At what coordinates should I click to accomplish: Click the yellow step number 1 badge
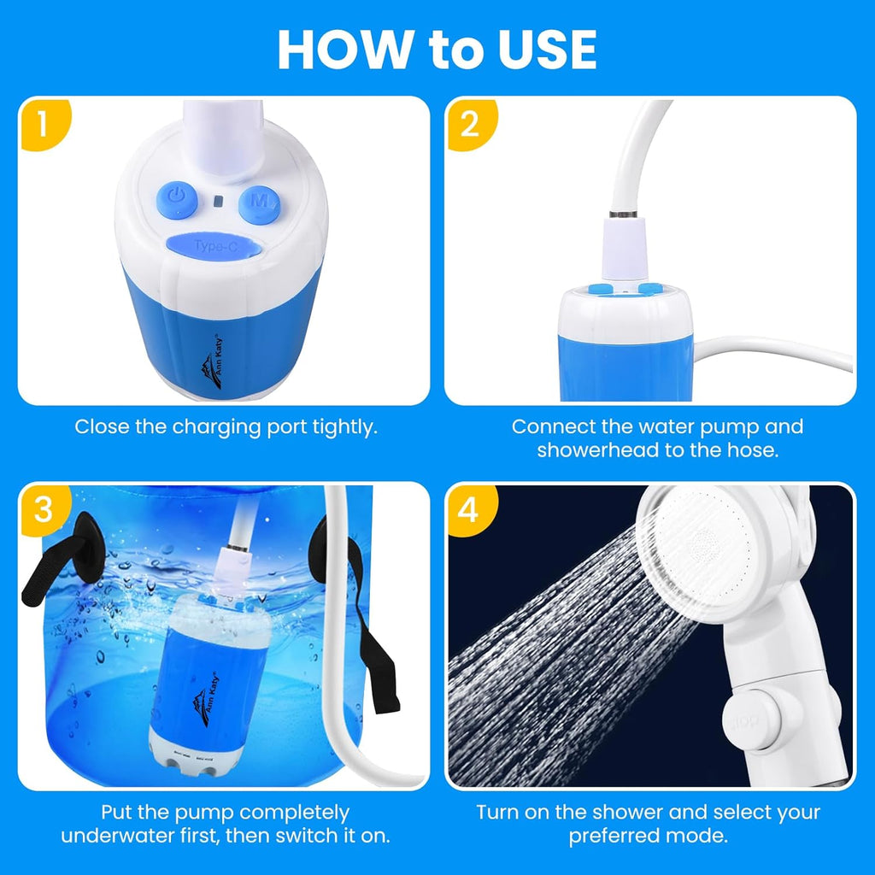43,123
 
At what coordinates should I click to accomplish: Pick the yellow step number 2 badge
469,123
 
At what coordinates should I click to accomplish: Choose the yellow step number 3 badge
43,510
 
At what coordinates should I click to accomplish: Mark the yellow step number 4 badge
469,510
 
